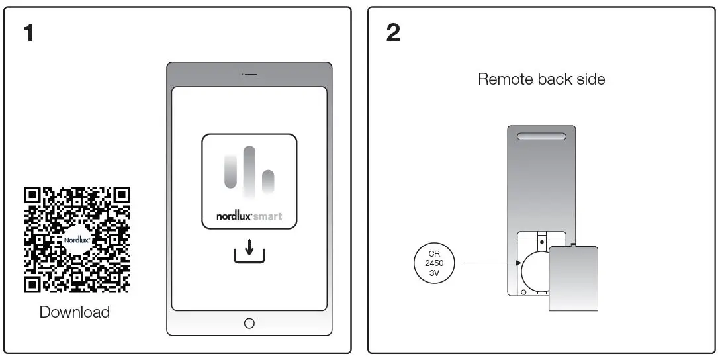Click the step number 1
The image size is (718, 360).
coord(28,32)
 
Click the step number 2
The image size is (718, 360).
coord(393,32)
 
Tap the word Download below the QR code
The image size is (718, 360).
coord(75,312)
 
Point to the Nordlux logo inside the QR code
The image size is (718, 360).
coord(77,240)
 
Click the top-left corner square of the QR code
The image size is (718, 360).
coord(32,195)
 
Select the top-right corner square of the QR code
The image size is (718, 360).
coord(121,195)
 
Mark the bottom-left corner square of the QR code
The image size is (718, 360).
coord(32,284)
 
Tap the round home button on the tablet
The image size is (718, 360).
coord(249,323)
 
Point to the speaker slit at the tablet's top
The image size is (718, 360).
coord(249,74)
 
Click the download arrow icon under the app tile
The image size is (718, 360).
coord(249,252)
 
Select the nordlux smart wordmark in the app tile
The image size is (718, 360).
coord(249,216)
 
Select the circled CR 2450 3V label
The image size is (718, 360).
coord(433,263)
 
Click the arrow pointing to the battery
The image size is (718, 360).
coord(490,263)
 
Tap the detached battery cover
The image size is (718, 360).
coord(573,278)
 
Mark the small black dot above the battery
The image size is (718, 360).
coord(542,242)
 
